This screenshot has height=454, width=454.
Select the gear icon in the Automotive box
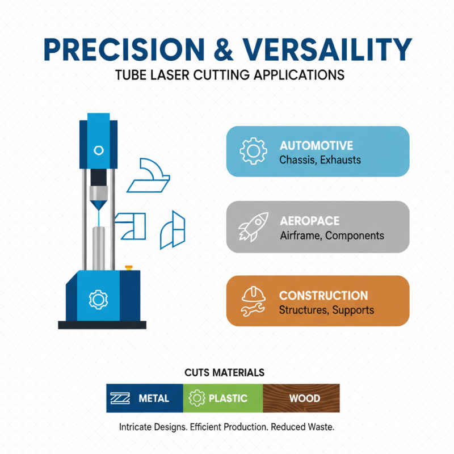253,152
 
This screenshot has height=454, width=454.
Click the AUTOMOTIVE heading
316,146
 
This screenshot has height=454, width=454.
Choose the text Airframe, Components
332,236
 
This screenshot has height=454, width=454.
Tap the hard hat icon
252,293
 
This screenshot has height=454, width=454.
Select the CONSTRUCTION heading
323,296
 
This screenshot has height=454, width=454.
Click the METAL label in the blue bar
154,398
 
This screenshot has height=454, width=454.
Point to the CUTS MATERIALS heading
224,373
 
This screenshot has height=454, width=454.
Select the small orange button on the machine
128,266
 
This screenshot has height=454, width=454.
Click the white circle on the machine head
99,150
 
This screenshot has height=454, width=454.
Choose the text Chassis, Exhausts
320,160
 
